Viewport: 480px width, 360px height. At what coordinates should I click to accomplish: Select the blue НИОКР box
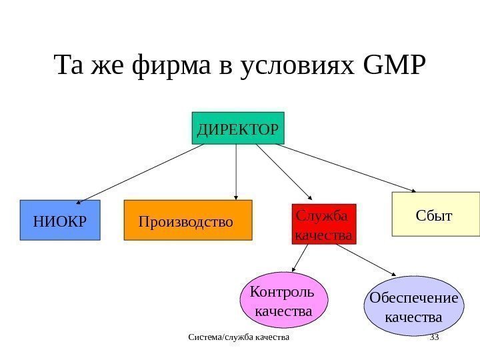point(59,220)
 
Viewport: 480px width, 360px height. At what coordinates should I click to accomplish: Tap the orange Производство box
point(189,220)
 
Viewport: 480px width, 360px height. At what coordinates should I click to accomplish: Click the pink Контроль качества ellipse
point(279,301)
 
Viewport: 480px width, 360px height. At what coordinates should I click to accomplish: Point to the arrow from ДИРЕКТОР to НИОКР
point(140,173)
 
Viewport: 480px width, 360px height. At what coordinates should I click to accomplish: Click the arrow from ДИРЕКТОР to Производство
point(237,171)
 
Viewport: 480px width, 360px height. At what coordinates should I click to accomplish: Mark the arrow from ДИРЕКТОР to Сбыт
point(347,167)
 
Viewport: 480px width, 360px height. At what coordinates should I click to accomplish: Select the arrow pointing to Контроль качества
point(300,257)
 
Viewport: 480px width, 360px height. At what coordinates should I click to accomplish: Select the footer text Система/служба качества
point(239,339)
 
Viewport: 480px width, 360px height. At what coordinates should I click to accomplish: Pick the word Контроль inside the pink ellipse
point(280,292)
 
